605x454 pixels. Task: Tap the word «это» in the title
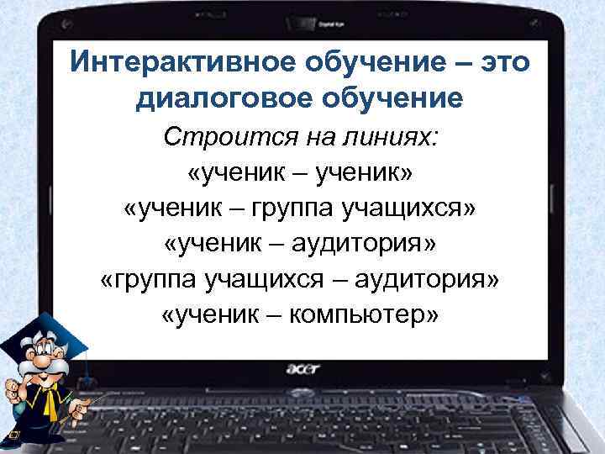point(499,63)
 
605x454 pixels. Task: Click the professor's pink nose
point(39,362)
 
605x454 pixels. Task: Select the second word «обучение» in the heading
point(403,99)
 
